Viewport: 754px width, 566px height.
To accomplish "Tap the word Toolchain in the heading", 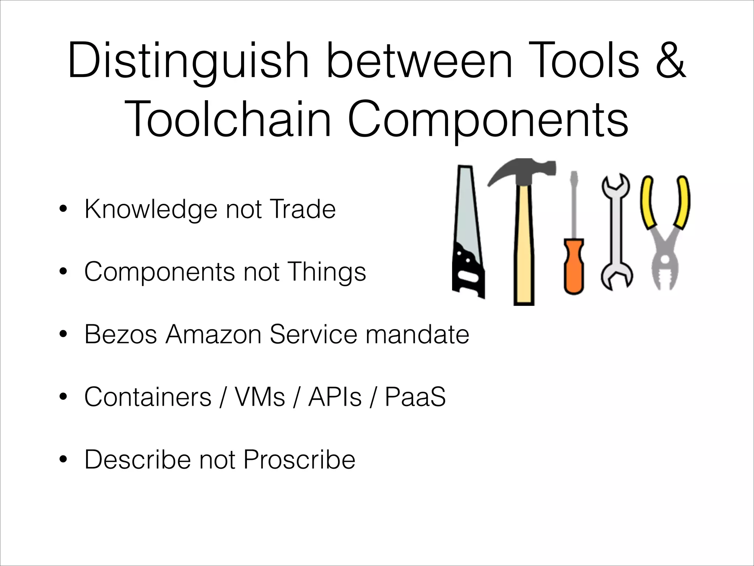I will pyautogui.click(x=228, y=119).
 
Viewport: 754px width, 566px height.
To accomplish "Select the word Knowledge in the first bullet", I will pyautogui.click(x=151, y=209).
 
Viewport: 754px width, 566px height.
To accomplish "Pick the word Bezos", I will pyautogui.click(x=121, y=334).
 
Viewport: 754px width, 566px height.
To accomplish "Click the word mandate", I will pyautogui.click(x=417, y=334).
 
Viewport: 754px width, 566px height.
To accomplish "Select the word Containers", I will pyautogui.click(x=148, y=397).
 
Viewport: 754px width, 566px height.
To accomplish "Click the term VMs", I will pyautogui.click(x=260, y=397).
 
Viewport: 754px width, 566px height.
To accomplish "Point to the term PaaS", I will pyautogui.click(x=415, y=397).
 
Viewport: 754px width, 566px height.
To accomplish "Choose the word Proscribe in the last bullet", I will pyautogui.click(x=299, y=460).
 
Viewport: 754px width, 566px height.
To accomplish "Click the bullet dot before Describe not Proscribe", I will pyautogui.click(x=64, y=460).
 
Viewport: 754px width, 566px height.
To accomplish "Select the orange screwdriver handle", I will pyautogui.click(x=574, y=265).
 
